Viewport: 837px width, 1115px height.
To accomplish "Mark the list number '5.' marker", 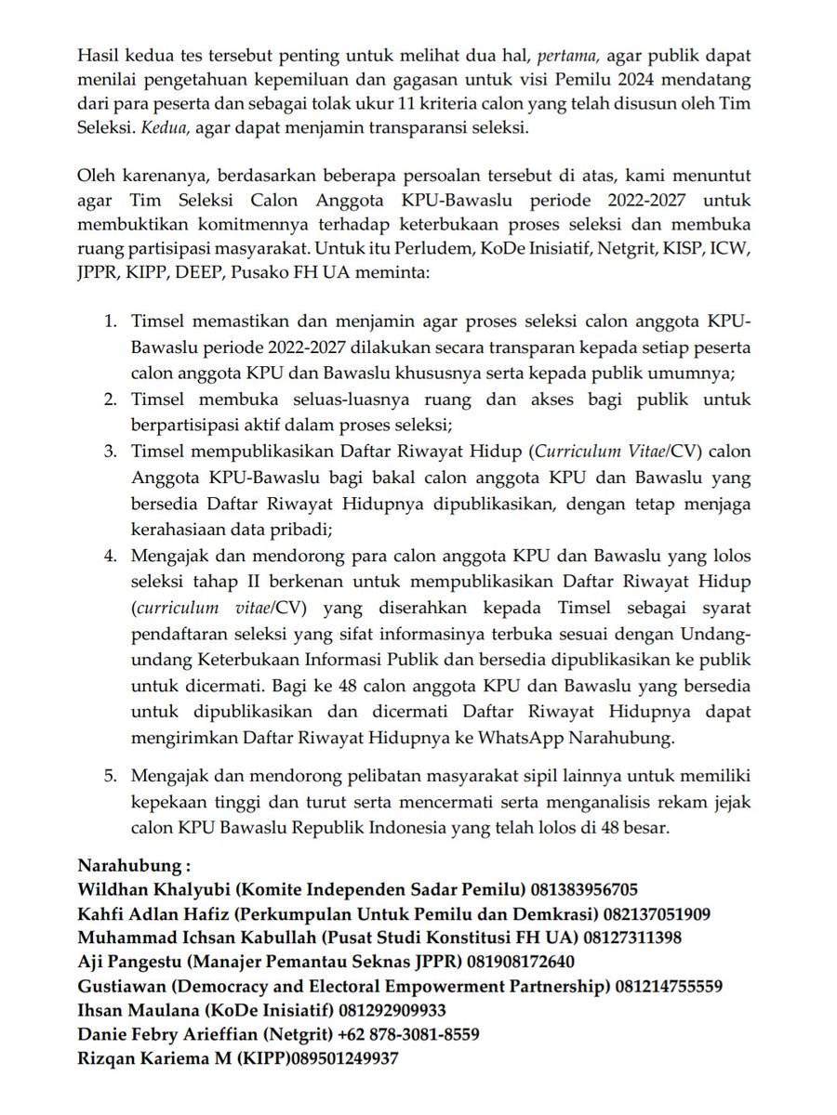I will click(x=111, y=774).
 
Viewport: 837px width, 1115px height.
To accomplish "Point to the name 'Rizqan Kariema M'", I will click(x=153, y=1057).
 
